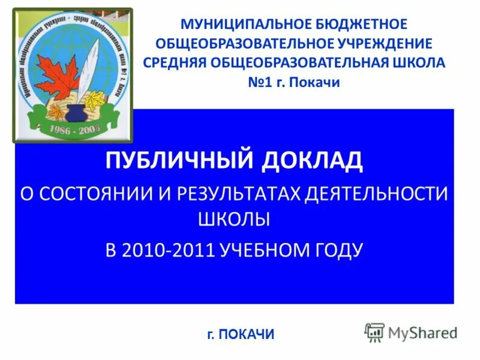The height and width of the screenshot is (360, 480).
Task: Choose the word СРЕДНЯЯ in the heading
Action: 173,63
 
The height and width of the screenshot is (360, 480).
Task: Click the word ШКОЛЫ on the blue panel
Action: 234,220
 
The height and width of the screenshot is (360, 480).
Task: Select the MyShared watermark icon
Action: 374,332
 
